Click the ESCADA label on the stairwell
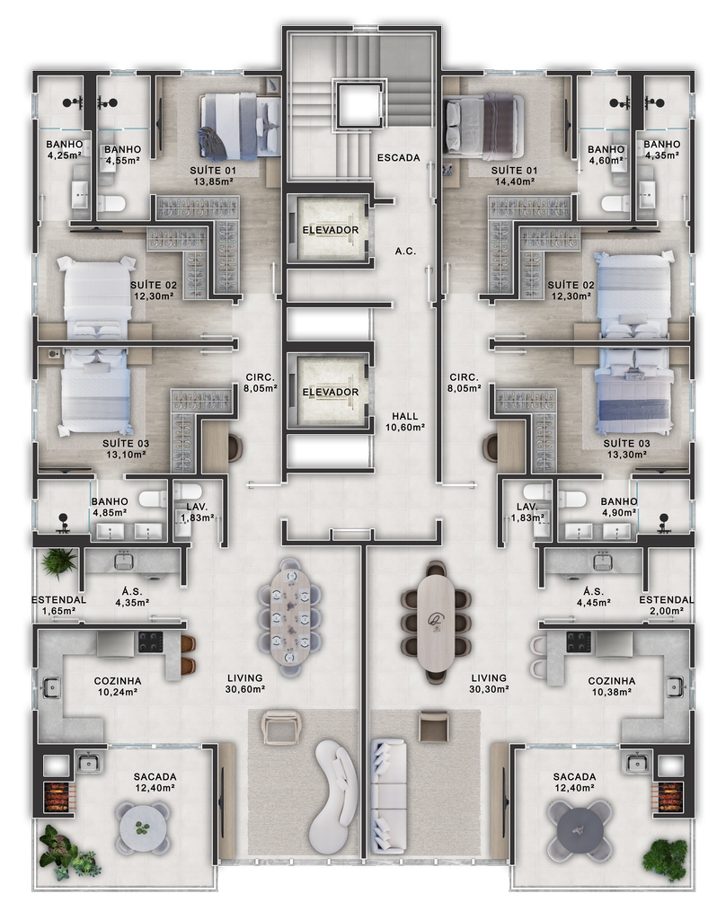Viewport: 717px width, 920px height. point(398,157)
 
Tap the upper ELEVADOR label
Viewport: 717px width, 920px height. point(331,230)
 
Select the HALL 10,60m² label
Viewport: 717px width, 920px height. point(405,422)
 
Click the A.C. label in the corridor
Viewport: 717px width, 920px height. point(405,252)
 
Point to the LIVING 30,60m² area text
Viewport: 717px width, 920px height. point(245,684)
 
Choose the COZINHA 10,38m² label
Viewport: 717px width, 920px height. point(611,686)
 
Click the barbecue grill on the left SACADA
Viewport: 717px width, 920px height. point(59,797)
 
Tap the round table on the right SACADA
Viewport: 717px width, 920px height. point(579,831)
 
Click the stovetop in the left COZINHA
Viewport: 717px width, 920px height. point(151,642)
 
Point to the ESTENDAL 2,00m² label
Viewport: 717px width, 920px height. point(666,605)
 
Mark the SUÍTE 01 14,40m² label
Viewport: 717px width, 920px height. point(514,175)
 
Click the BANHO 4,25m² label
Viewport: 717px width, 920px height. point(64,149)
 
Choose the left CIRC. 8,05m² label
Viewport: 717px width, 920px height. point(260,383)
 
